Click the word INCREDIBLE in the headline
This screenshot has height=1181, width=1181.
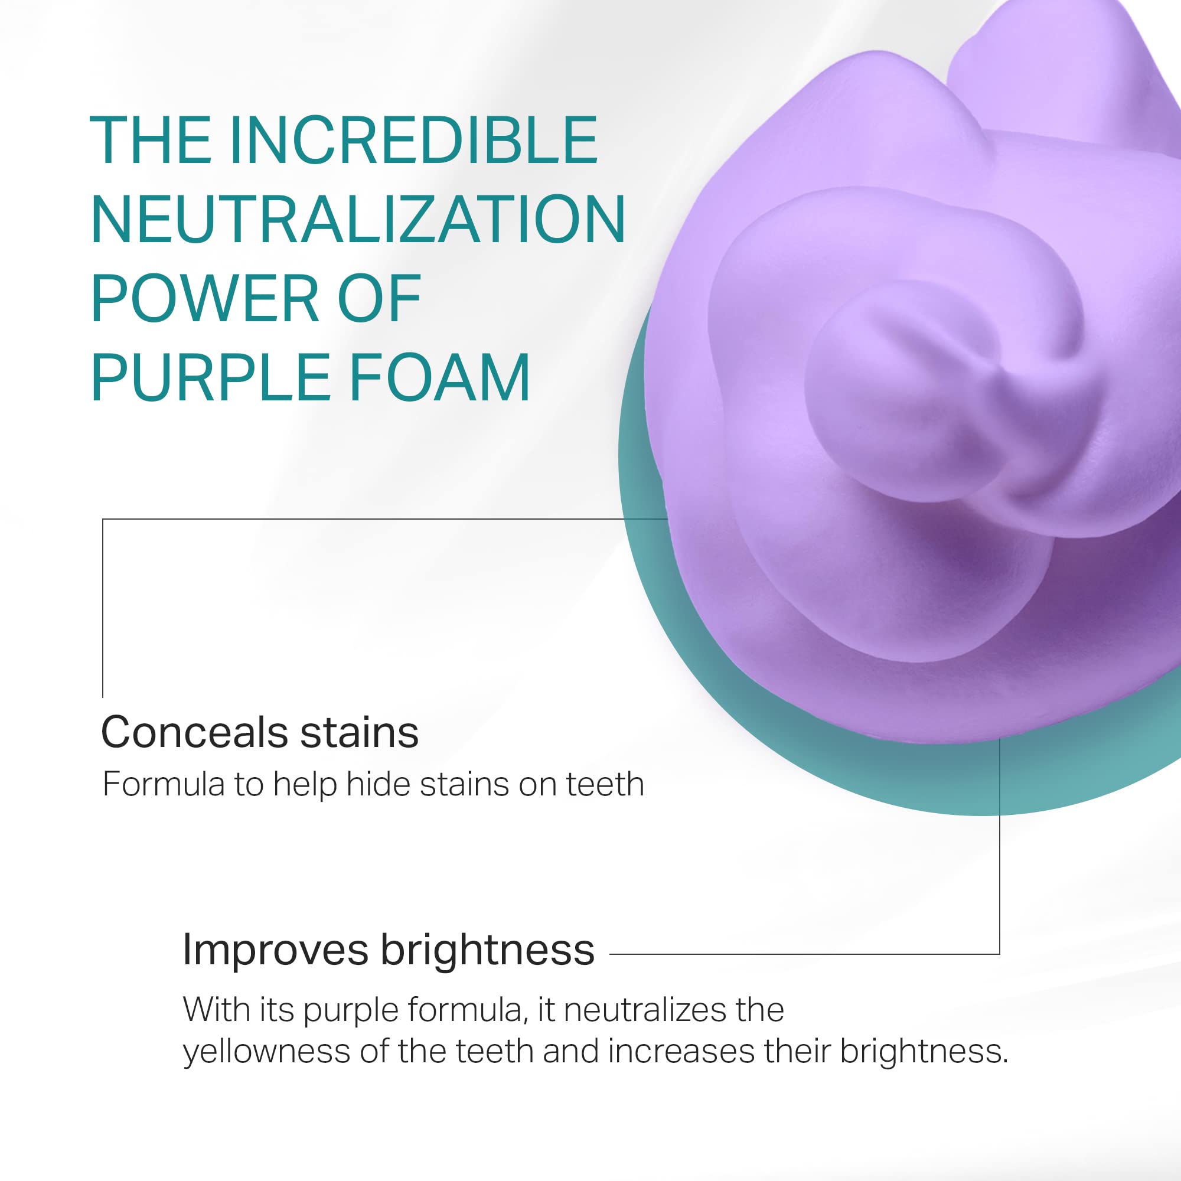pyautogui.click(x=414, y=140)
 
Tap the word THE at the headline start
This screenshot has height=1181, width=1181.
pyautogui.click(x=151, y=140)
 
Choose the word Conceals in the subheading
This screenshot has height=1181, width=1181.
pyautogui.click(x=194, y=732)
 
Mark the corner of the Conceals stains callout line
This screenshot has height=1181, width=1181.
pyautogui.click(x=103, y=519)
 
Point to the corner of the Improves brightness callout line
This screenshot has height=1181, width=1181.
pyautogui.click(x=1000, y=954)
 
